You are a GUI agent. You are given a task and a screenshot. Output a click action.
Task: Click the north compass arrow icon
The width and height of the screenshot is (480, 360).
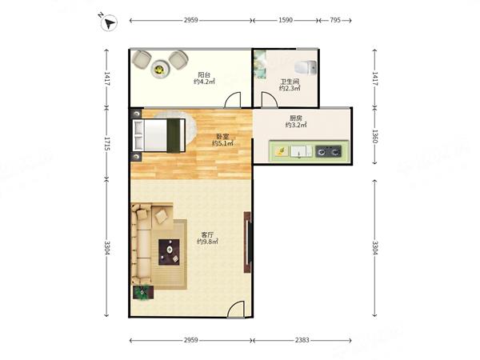(109, 22)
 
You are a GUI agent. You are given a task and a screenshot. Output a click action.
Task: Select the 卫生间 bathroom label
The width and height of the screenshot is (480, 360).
(290, 82)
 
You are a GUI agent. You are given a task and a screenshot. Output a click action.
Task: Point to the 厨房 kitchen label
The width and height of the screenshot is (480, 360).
(296, 118)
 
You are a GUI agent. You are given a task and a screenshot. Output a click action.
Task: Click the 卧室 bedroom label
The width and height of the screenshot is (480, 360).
(222, 137)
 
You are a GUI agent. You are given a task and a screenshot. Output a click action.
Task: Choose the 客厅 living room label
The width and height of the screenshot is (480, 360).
(207, 234)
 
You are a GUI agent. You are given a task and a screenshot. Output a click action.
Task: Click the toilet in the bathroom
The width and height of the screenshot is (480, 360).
(306, 67)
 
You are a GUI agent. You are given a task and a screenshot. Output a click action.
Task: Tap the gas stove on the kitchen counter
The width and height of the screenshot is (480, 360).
(329, 151)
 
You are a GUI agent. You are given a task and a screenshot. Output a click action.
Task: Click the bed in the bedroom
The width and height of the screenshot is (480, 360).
(159, 135)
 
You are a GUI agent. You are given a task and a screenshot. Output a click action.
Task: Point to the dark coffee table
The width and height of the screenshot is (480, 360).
(169, 252)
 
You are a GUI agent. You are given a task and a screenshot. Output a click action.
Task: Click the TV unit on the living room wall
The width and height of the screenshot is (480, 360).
(248, 242)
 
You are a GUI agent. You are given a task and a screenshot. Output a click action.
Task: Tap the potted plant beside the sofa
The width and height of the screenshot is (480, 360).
(142, 292)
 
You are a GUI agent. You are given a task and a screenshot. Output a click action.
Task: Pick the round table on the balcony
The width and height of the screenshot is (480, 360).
(159, 69)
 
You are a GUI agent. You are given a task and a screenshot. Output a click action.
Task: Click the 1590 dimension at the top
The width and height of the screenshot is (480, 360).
(286, 20)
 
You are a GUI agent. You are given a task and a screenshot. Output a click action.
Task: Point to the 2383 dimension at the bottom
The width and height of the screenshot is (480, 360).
(302, 340)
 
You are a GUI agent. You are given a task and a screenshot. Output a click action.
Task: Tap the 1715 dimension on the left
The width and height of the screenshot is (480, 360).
(107, 143)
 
